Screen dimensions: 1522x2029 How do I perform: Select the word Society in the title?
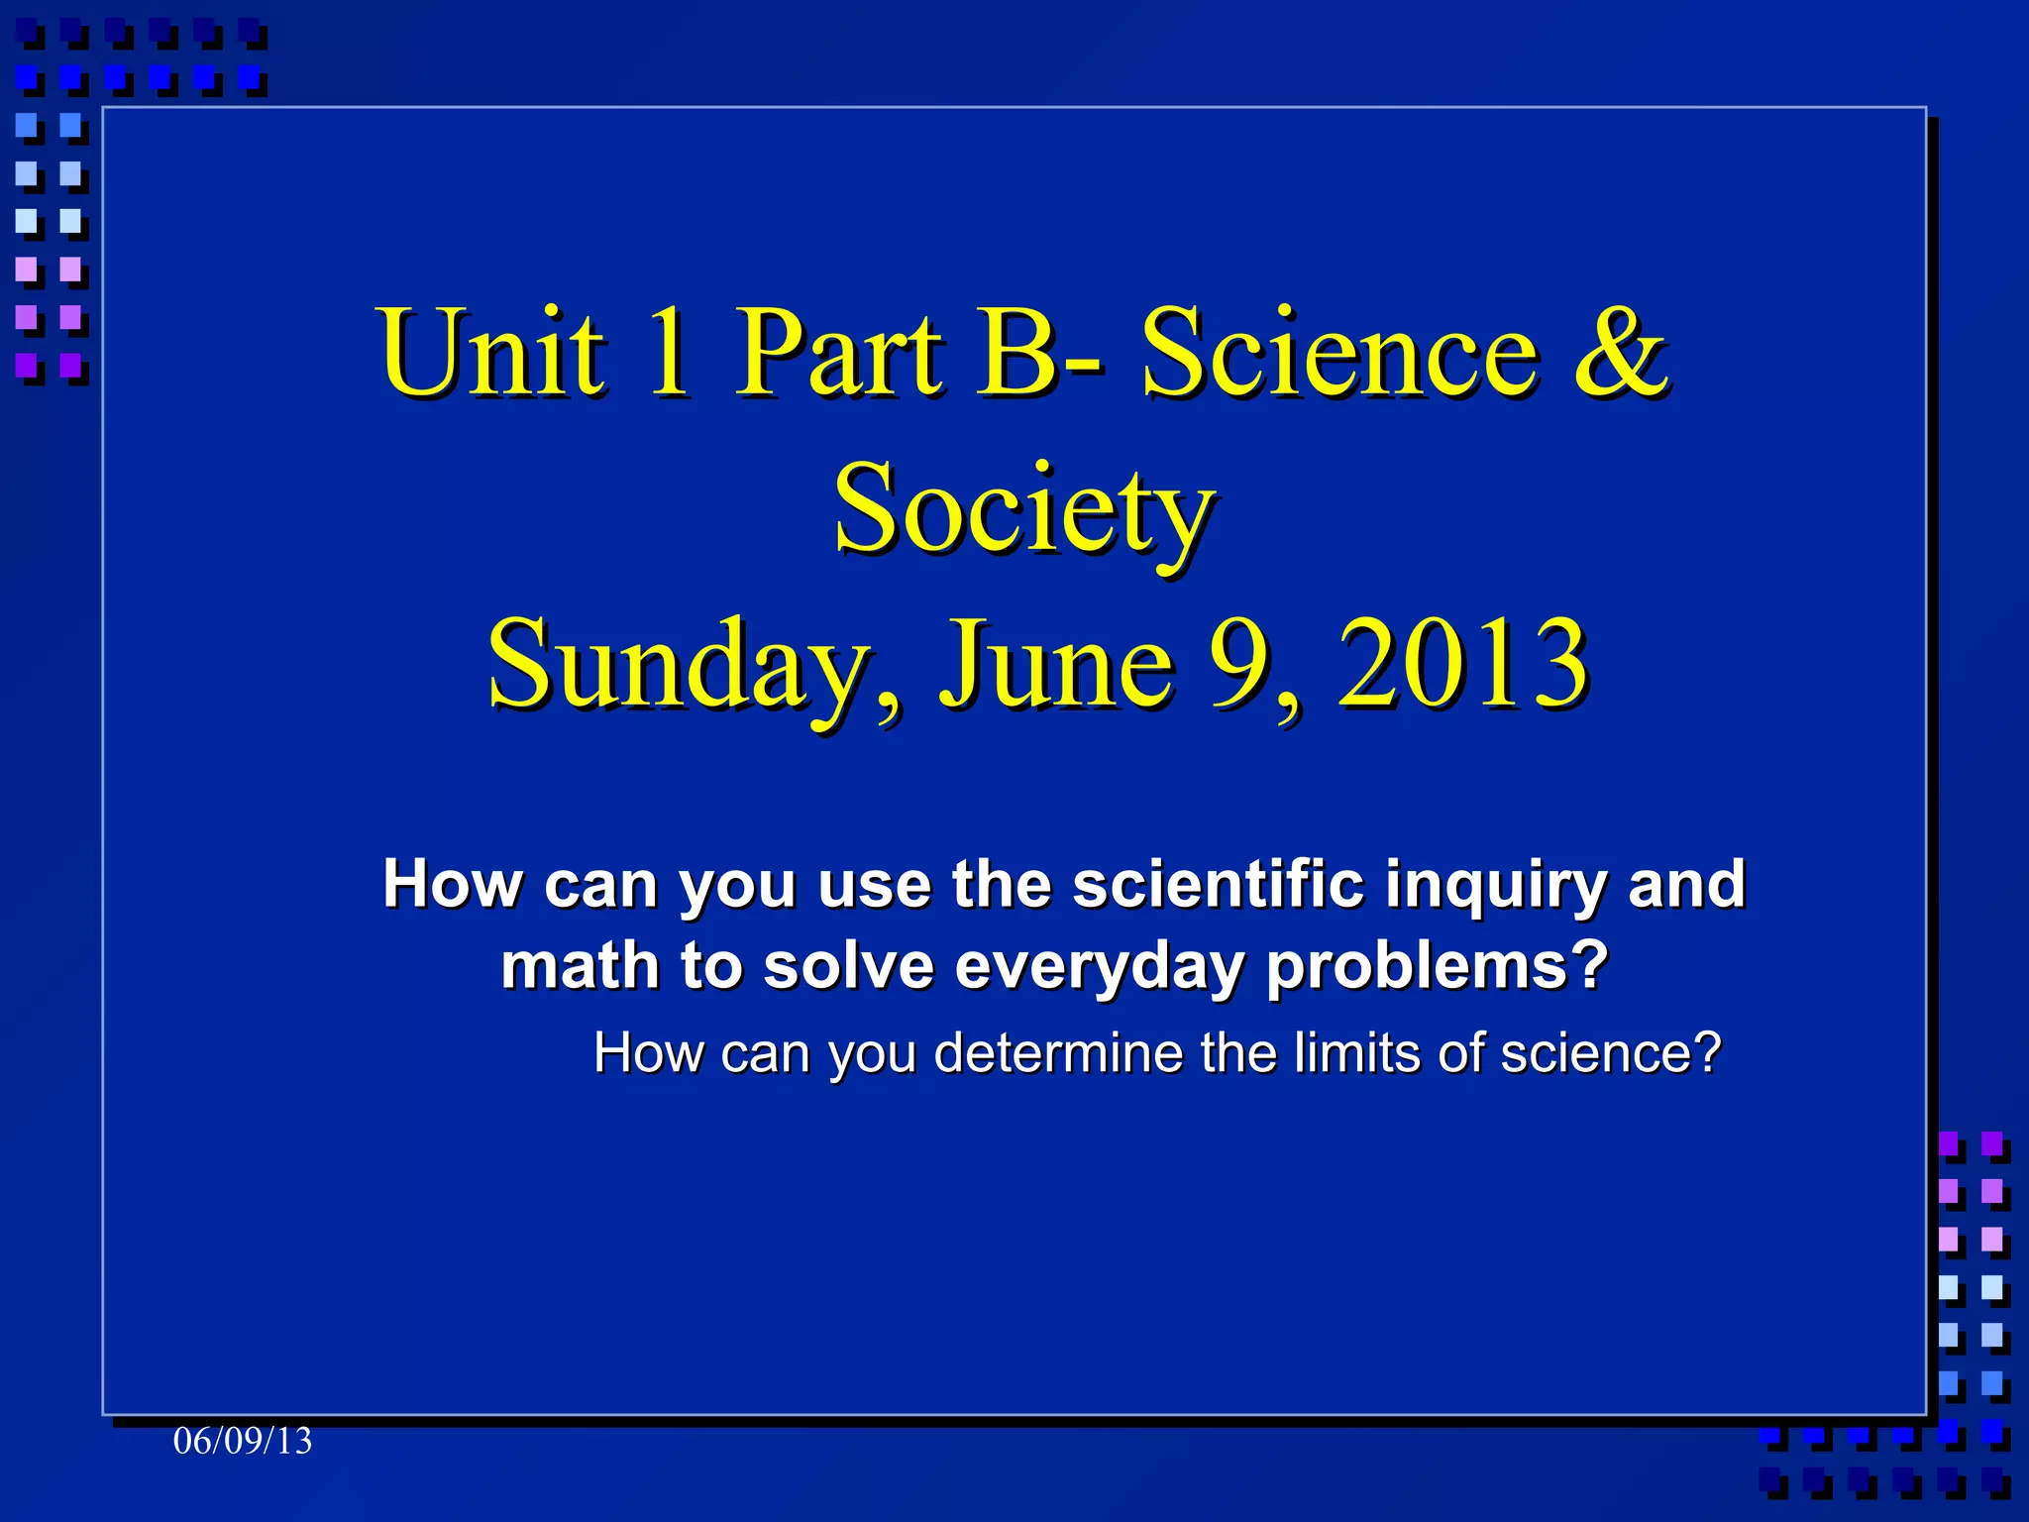click(x=1023, y=510)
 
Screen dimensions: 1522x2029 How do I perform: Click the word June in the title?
click(x=1056, y=664)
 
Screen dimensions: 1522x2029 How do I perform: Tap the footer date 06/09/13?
click(x=243, y=1441)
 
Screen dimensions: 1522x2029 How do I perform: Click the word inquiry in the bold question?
click(x=1495, y=884)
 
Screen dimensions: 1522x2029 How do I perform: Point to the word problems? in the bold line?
click(x=1438, y=966)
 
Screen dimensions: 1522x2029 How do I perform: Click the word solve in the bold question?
click(x=848, y=966)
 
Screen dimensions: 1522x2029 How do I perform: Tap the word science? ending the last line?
click(x=1611, y=1052)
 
